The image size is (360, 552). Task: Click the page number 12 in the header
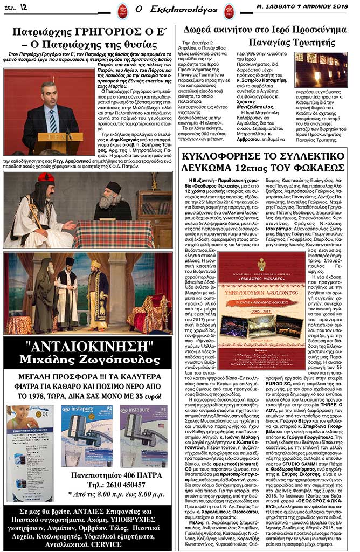coord(23,7)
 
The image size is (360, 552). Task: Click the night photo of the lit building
coord(321,70)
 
